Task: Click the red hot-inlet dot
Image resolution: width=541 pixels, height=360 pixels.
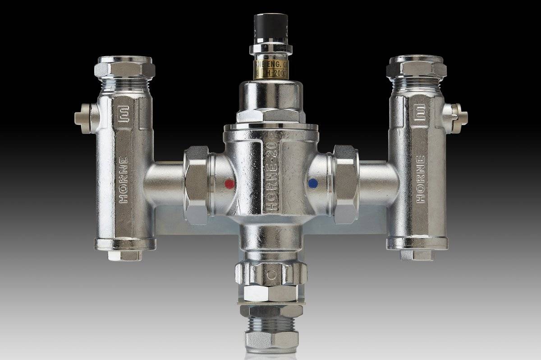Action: pos(229,184)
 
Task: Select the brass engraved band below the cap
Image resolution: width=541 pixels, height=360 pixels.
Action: pos(271,68)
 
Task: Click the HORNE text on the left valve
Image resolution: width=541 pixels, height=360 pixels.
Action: pos(124,180)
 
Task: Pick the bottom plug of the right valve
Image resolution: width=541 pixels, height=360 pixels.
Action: pos(417,255)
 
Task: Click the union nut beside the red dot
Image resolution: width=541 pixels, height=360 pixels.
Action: pos(196,184)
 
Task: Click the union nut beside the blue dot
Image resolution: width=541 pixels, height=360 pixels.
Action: pos(346,184)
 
